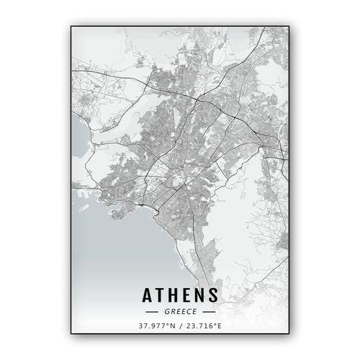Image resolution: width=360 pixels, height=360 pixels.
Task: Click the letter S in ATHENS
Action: point(217,295)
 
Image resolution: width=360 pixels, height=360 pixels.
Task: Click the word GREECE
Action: point(180,312)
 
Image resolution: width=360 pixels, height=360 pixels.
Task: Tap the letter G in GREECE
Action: point(166,312)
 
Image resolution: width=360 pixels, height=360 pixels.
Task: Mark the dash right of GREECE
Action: point(208,312)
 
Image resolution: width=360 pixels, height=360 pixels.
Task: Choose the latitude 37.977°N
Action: point(157,325)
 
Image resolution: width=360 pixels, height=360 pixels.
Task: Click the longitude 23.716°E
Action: point(204,325)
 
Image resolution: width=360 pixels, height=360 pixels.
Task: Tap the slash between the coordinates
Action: point(180,325)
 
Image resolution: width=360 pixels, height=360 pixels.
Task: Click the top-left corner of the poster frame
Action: point(71,27)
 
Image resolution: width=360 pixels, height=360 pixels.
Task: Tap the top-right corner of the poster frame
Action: point(289,27)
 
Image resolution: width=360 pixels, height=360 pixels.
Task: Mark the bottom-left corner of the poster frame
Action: point(71,333)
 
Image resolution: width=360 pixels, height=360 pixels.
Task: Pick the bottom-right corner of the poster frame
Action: point(289,333)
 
